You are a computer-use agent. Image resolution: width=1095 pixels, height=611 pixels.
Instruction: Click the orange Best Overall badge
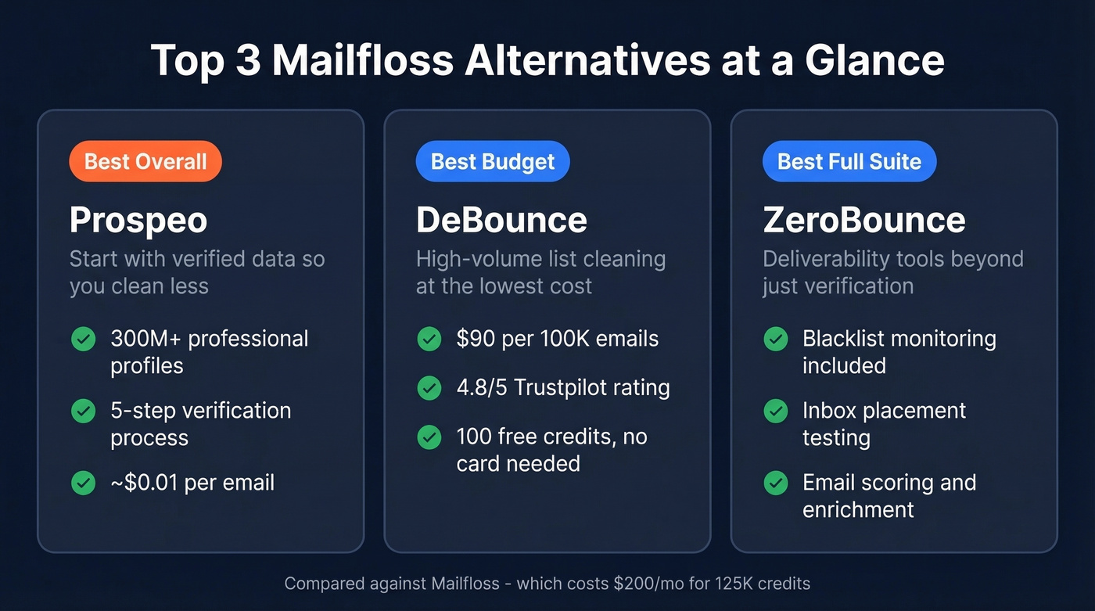[145, 162]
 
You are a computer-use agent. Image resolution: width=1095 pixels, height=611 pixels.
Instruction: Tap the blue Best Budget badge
[492, 162]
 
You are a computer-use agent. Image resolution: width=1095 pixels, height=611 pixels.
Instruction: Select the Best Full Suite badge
[849, 162]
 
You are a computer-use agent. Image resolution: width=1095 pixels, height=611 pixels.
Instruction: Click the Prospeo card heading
[138, 221]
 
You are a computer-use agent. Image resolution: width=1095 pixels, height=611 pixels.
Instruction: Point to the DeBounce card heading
[501, 221]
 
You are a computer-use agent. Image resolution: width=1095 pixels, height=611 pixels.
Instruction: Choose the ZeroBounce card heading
[863, 221]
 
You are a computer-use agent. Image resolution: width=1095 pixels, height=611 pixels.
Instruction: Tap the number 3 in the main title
[247, 60]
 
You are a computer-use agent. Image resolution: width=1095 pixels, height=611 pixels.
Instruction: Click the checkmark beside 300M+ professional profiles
[84, 340]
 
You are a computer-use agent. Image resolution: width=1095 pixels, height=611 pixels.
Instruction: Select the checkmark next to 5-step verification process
[84, 412]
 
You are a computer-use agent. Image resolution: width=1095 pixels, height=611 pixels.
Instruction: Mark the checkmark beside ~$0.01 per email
[84, 483]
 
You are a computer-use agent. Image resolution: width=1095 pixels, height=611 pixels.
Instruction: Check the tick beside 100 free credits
[429, 437]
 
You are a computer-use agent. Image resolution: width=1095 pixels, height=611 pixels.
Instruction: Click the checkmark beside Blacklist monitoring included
[776, 340]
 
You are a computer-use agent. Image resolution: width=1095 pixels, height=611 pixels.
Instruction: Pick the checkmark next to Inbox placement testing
[776, 412]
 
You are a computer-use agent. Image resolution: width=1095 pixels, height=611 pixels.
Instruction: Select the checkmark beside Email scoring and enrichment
[776, 483]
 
